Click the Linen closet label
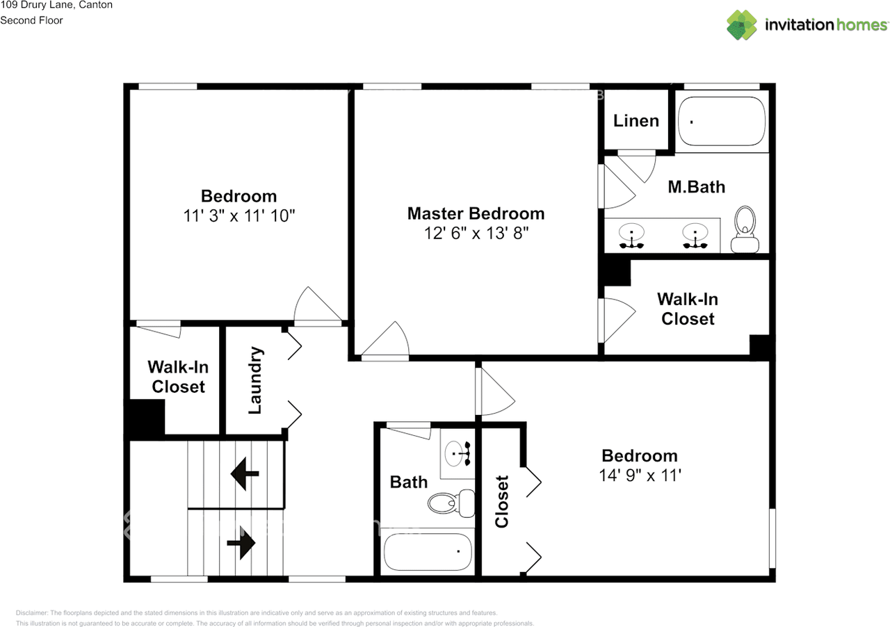click(x=636, y=121)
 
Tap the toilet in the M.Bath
click(x=745, y=229)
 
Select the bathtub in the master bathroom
click(x=721, y=121)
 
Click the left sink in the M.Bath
click(x=631, y=236)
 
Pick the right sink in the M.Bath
click(x=694, y=236)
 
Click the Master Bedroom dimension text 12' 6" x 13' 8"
click(x=476, y=234)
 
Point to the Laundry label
click(x=255, y=380)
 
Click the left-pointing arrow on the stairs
click(x=245, y=475)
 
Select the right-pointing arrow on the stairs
click(x=241, y=542)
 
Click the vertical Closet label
click(x=502, y=501)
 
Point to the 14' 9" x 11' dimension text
click(x=639, y=476)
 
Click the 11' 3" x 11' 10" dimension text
click(x=239, y=216)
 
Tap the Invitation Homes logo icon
click(x=742, y=25)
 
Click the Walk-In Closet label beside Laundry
click(x=178, y=377)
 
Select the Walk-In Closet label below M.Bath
click(x=688, y=309)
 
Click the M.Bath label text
click(x=696, y=187)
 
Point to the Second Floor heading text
click(x=31, y=20)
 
